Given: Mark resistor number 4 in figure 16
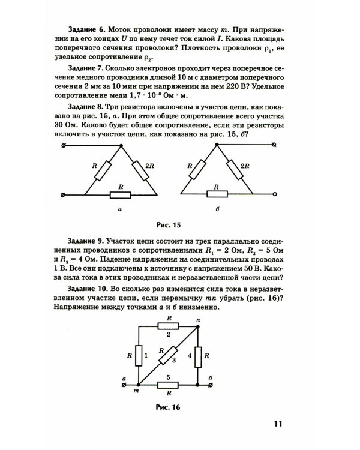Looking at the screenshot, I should pyautogui.click(x=198, y=356).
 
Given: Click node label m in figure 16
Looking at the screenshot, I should pyautogui.click(x=136, y=392).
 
